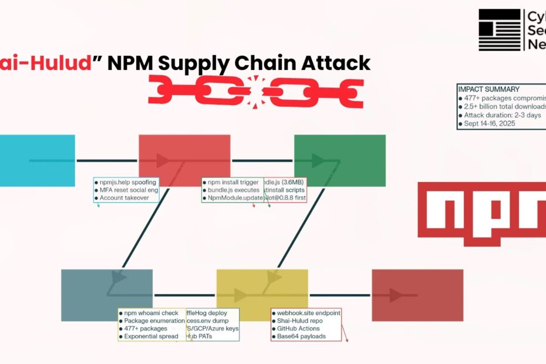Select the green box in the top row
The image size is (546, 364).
(339, 160)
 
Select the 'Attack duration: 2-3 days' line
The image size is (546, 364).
(504, 116)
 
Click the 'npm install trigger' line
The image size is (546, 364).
(232, 182)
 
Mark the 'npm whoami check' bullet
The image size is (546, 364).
(151, 313)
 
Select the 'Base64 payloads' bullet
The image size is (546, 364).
(302, 336)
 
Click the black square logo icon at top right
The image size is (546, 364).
(499, 29)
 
